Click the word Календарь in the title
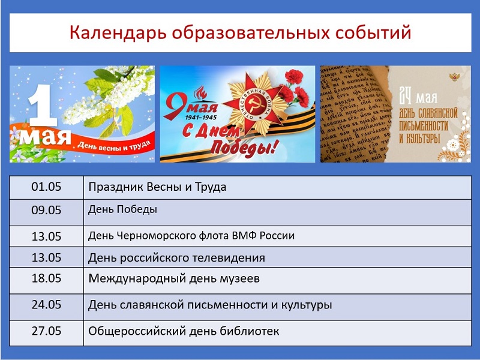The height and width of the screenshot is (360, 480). (118, 33)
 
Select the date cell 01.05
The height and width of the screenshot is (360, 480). (46, 187)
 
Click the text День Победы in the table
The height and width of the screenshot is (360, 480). (123, 209)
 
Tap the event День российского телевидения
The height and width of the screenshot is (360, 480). (176, 258)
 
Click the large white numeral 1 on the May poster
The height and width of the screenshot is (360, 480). (42, 105)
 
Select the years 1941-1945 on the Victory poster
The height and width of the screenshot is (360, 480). (201, 117)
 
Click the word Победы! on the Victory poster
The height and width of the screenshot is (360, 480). (245, 147)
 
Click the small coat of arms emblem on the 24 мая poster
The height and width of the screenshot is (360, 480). (454, 77)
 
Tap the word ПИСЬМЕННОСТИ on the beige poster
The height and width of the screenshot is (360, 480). (424, 126)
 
